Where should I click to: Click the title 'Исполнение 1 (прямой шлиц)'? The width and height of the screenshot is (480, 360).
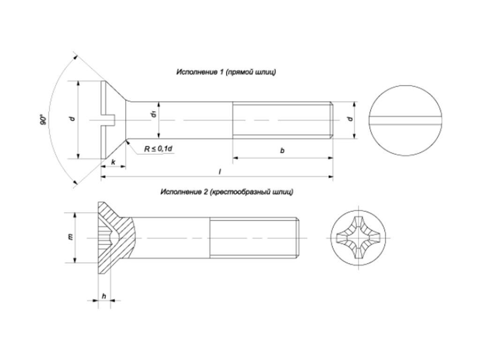pos(226,72)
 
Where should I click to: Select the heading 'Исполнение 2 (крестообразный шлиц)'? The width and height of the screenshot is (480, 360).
pos(227,192)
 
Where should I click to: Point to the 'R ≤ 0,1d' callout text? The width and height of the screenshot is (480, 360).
pos(158,149)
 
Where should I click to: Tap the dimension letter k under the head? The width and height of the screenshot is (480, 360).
pos(113,162)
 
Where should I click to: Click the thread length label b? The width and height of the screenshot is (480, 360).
pos(282,151)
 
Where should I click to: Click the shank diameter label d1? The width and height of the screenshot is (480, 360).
pos(153,114)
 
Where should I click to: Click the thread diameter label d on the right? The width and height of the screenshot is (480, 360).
pos(350,119)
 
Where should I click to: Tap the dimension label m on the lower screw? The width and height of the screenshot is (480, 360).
pos(70,237)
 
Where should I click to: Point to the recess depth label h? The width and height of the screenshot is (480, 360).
pos(104,296)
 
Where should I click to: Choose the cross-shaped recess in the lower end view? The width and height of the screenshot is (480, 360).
pos(359,238)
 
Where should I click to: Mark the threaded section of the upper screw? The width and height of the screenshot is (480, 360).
pos(283,120)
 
